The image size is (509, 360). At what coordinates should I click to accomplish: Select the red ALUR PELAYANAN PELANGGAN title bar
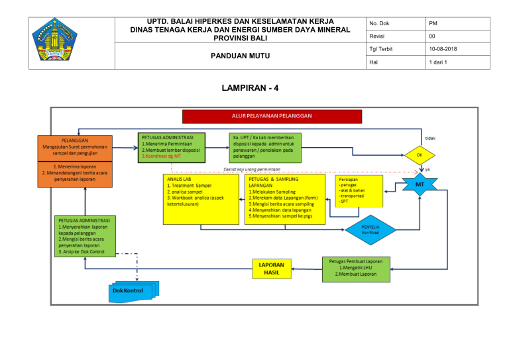[x=272, y=116]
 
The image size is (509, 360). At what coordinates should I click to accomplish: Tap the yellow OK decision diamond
[x=420, y=155]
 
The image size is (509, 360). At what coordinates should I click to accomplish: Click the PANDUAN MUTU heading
[x=239, y=57]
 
